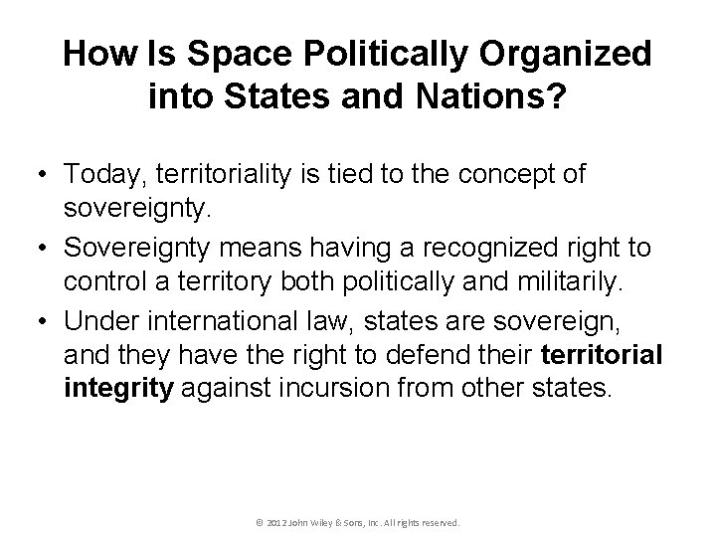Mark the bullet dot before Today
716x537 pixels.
[45, 175]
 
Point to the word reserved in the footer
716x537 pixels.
[441, 521]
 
